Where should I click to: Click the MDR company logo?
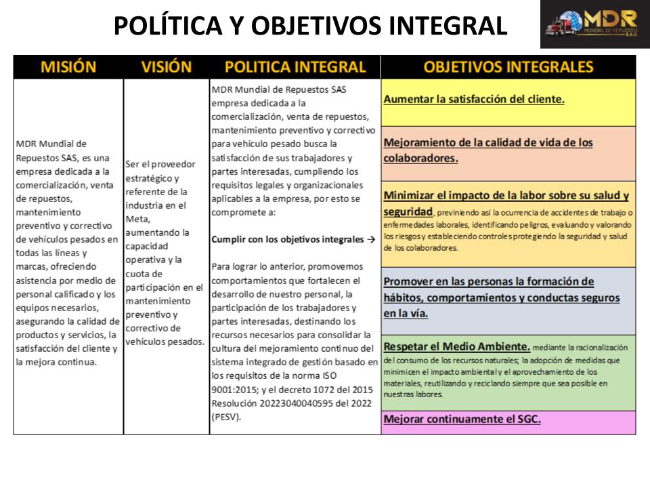point(594,24)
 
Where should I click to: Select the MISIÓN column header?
point(68,67)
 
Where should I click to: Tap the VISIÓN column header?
point(167,67)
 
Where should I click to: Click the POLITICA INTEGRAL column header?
point(295,67)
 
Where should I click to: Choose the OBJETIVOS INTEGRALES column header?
point(508,67)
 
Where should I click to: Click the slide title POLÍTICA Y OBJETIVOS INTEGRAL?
point(310,26)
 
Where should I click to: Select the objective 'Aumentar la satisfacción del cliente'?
point(474,99)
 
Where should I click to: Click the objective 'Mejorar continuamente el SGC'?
point(462,419)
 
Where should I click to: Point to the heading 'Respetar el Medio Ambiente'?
point(456,346)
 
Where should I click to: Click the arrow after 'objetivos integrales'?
point(370,239)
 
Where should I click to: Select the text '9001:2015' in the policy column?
point(234,390)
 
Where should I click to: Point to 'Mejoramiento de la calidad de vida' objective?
point(487,143)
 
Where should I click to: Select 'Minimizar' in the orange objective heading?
point(413,196)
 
